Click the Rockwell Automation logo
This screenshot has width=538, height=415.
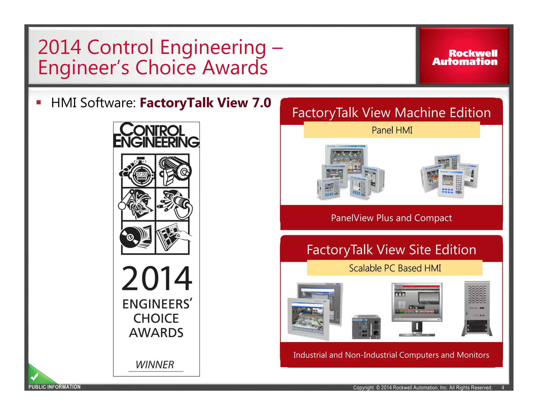coord(464,57)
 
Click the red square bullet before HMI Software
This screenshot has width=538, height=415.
coord(39,102)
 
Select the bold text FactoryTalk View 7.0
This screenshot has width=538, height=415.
coord(205,103)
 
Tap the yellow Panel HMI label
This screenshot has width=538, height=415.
coord(392,130)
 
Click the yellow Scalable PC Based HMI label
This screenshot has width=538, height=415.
coord(395,268)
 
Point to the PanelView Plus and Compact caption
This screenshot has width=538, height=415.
coord(391,218)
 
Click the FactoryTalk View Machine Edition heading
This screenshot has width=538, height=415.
coord(391,113)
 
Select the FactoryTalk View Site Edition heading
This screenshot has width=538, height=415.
coord(391,250)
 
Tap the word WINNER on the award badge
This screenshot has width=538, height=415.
coord(155,365)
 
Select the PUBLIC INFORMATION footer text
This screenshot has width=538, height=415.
coord(54,387)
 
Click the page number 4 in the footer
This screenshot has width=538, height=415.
coord(503,387)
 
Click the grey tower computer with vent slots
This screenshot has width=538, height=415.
coord(477,308)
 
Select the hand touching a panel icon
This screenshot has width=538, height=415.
coord(173,236)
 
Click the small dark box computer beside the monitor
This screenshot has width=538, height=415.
coord(366,327)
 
